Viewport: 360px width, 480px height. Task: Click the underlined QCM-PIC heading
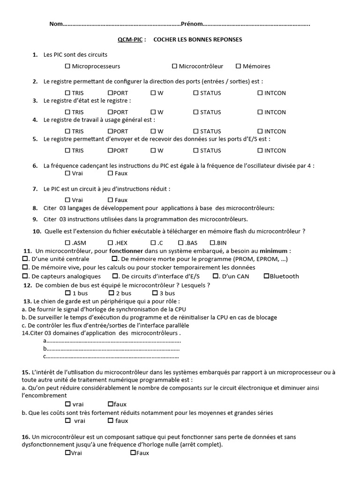tap(131, 39)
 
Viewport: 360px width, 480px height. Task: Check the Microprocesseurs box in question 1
tap(68, 66)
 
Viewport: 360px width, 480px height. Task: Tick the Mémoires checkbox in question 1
tap(239, 66)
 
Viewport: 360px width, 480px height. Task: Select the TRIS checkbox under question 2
tap(68, 93)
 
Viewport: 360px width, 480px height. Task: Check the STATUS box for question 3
tap(196, 112)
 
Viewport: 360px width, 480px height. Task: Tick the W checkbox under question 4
tap(153, 131)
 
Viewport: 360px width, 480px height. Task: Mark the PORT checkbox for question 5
tap(111, 150)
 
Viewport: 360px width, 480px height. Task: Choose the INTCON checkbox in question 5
tap(260, 150)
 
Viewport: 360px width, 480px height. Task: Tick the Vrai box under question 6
tap(68, 173)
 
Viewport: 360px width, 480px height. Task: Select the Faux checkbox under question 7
tap(111, 200)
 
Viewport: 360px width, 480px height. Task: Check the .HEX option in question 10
tap(111, 243)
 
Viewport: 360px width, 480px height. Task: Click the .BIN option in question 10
tap(212, 243)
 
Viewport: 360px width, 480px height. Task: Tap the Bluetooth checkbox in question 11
tap(267, 276)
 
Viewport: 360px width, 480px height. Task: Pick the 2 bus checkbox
tap(112, 293)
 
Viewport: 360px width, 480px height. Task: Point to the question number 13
tap(26, 301)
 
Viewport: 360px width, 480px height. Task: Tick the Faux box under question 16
tap(133, 453)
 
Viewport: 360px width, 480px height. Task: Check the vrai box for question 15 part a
tap(68, 404)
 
